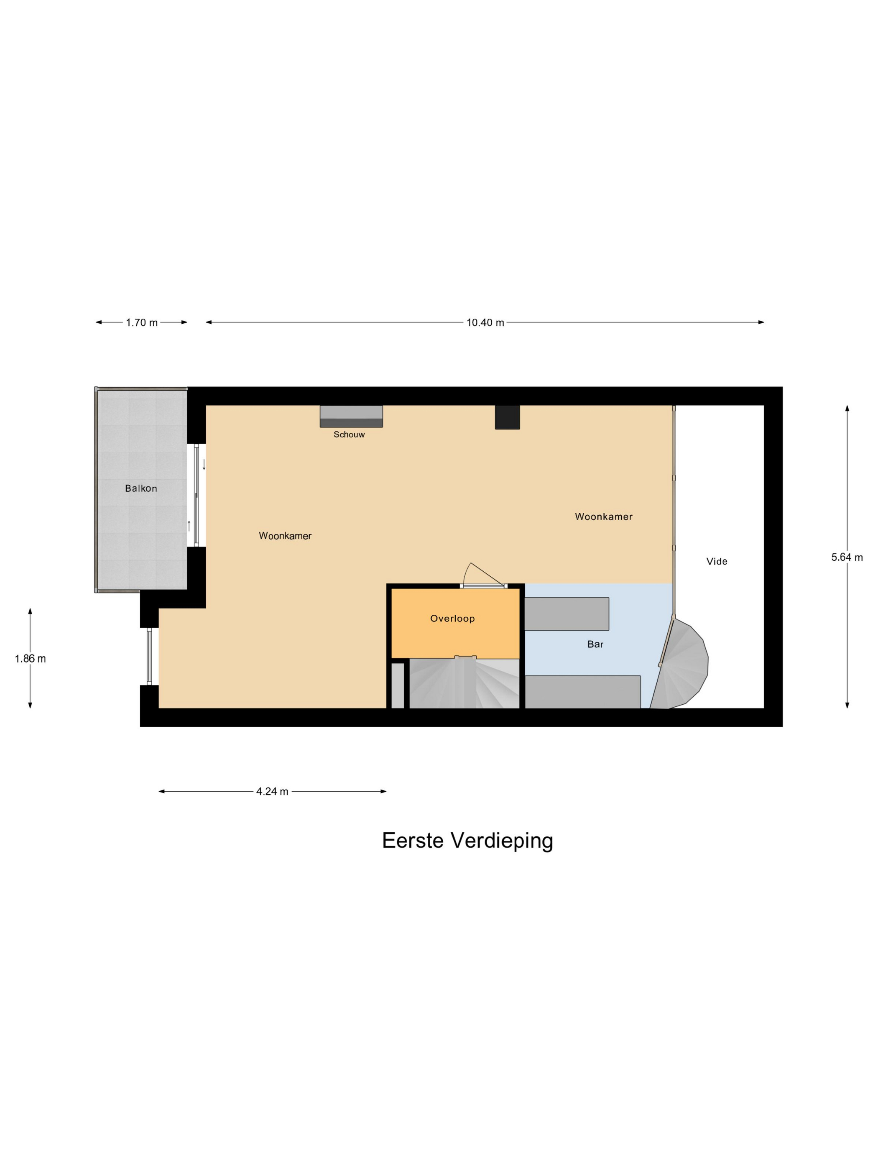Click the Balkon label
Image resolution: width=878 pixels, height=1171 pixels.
click(x=141, y=488)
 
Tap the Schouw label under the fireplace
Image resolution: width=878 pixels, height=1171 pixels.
click(x=349, y=434)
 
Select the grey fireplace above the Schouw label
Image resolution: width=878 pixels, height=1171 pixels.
click(x=351, y=416)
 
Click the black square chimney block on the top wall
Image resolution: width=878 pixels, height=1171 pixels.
click(x=507, y=417)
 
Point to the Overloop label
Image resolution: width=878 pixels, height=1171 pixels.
click(x=452, y=618)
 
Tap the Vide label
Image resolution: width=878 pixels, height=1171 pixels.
click(x=717, y=561)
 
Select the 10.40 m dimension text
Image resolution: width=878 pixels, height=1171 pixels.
click(x=485, y=322)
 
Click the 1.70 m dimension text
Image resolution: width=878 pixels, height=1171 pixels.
click(x=141, y=322)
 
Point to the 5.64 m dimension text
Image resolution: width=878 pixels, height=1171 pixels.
click(x=846, y=557)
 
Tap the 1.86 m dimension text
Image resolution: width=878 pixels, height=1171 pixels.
click(x=30, y=659)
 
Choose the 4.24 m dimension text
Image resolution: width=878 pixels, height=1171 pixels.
click(x=272, y=791)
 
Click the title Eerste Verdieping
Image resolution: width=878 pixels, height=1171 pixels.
click(x=467, y=840)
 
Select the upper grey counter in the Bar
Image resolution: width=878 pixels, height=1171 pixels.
click(x=566, y=614)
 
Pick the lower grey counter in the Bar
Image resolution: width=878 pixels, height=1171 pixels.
click(x=582, y=691)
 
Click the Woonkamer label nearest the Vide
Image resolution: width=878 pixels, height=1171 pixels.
click(x=603, y=516)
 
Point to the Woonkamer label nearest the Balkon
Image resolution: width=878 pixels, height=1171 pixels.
click(x=285, y=535)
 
